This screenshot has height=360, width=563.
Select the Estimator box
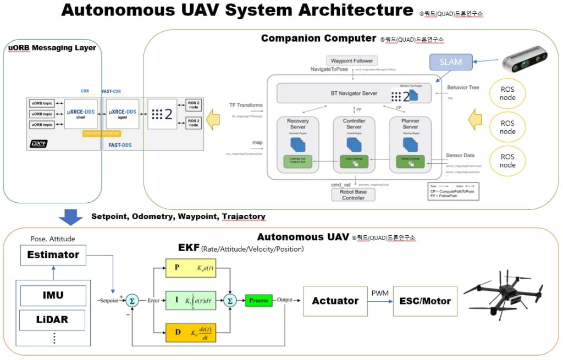pyautogui.click(x=53, y=254)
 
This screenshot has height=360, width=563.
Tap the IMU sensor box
pyautogui.click(x=53, y=295)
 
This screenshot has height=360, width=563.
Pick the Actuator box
pyautogui.click(x=335, y=301)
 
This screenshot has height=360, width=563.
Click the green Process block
pyautogui.click(x=258, y=301)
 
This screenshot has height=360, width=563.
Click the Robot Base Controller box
pyautogui.click(x=354, y=195)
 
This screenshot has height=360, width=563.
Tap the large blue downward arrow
pyautogui.click(x=70, y=216)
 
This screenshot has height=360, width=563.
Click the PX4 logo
pyautogui.click(x=39, y=145)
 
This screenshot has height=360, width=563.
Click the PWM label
pyautogui.click(x=380, y=293)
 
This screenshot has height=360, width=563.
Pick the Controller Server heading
pyautogui.click(x=354, y=124)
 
